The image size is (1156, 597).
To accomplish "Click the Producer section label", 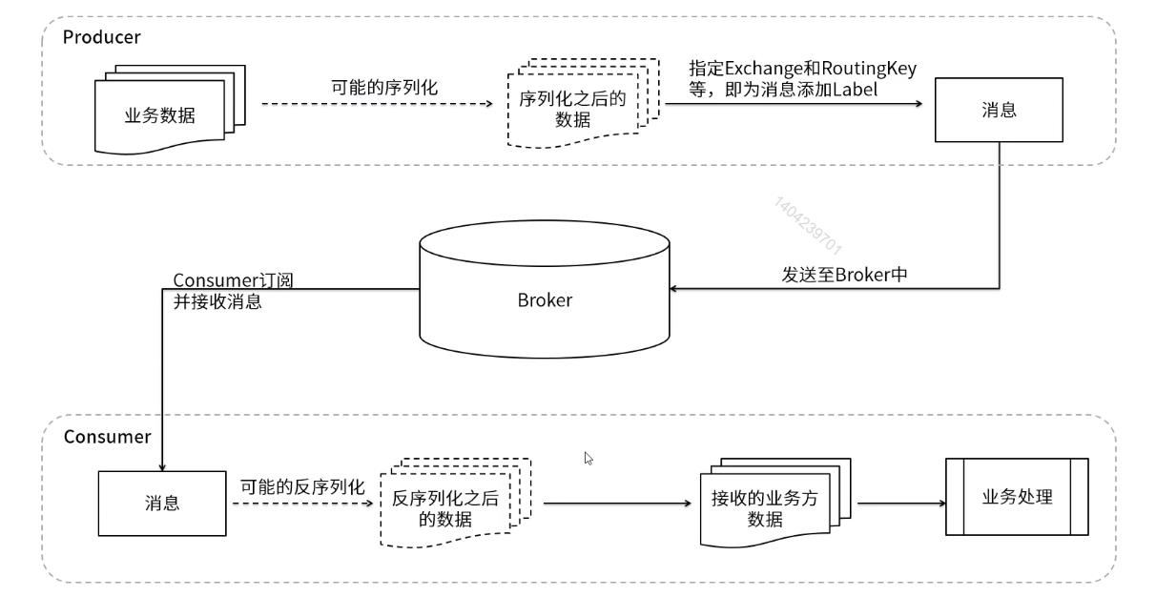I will click(101, 37).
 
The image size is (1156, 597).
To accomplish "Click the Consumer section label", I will click(107, 437).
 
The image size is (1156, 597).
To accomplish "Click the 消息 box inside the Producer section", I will click(999, 110).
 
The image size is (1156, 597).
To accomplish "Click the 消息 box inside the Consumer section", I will click(160, 502).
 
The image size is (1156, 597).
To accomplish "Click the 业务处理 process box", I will click(1016, 497).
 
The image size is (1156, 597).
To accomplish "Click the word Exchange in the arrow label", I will click(761, 69).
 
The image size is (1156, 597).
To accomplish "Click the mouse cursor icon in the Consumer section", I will click(588, 458).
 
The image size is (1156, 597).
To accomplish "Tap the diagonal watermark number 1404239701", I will click(808, 226).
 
